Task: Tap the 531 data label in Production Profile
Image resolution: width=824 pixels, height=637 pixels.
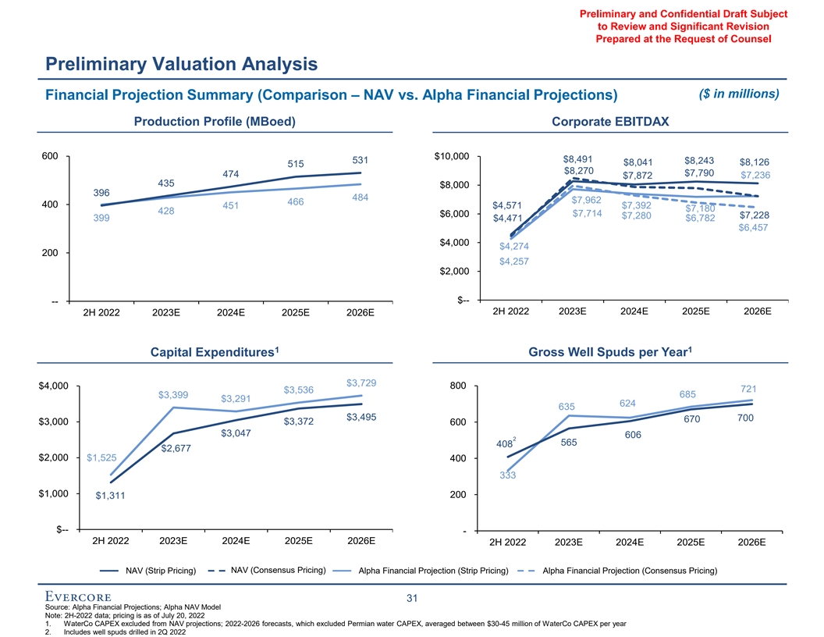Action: [360, 160]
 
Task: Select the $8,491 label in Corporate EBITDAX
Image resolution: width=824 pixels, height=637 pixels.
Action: [578, 157]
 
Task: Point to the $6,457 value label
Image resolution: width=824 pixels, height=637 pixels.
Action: [753, 228]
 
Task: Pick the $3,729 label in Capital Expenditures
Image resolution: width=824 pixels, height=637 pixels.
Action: [361, 383]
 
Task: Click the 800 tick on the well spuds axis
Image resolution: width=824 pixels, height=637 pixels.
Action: [459, 386]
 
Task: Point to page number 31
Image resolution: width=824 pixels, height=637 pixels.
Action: [412, 599]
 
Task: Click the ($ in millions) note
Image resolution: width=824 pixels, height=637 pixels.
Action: [736, 94]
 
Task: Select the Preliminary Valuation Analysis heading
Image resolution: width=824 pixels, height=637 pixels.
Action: [181, 62]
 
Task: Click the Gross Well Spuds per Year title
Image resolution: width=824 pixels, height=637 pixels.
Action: [611, 353]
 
